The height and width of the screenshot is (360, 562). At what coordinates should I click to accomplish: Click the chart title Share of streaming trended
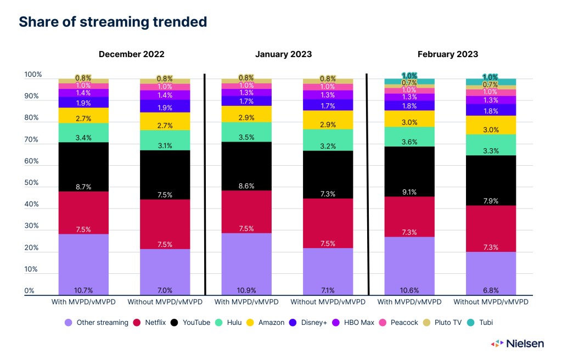tap(113, 22)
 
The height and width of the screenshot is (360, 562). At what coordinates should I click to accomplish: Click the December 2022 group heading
tap(131, 54)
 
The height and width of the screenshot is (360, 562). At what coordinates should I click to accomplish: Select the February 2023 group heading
tap(447, 54)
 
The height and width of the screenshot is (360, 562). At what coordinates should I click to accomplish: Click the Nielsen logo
tap(518, 344)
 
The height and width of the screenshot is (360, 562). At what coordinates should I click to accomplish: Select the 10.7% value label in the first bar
tap(83, 290)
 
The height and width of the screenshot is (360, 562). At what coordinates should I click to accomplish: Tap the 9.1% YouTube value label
tap(409, 192)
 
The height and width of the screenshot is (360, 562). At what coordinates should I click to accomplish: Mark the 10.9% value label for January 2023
tap(246, 290)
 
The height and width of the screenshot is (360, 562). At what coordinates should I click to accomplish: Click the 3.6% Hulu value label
tap(409, 142)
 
